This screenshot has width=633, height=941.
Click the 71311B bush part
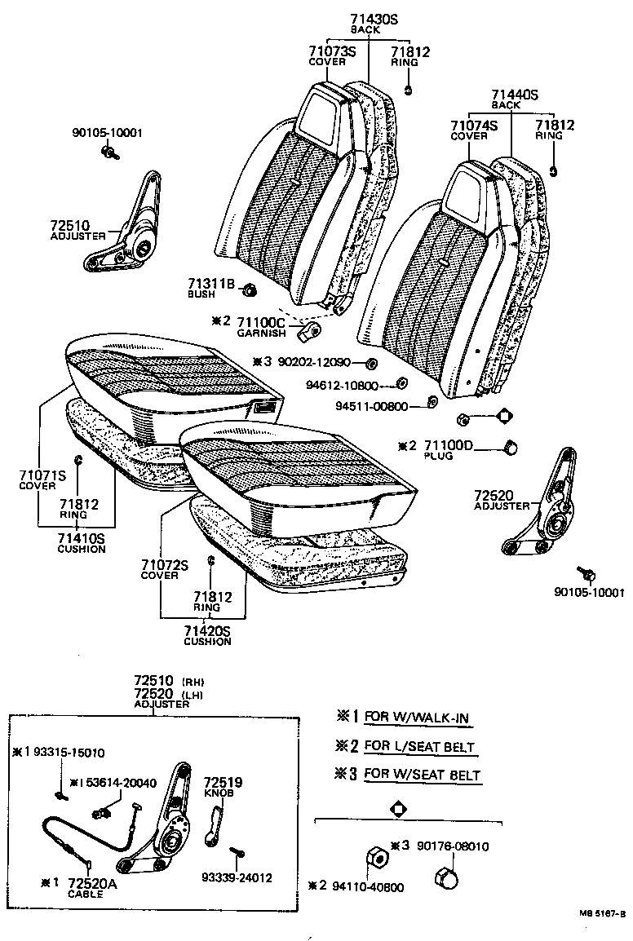(250, 289)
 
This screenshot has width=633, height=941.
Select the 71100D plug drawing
(513, 446)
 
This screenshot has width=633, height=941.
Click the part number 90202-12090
(312, 362)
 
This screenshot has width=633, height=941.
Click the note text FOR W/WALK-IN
(418, 718)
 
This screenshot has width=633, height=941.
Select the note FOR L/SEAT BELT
(419, 746)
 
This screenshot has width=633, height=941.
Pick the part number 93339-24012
(237, 878)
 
